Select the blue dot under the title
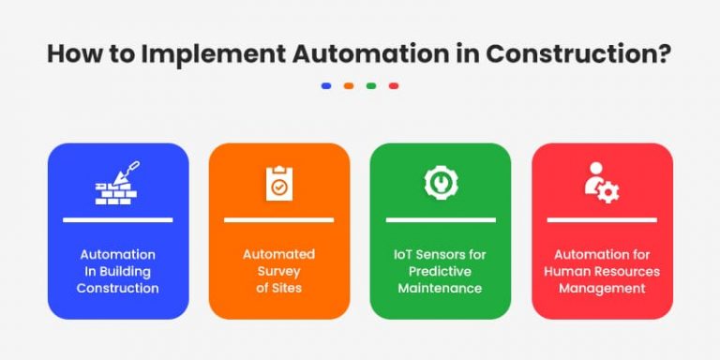click(x=325, y=85)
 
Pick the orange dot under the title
click(x=349, y=85)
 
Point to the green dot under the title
click(x=371, y=85)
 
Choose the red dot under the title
click(x=394, y=85)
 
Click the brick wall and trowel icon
click(x=117, y=184)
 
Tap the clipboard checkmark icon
click(x=278, y=184)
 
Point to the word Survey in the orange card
click(x=279, y=271)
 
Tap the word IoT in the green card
click(x=406, y=254)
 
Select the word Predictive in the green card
click(x=441, y=271)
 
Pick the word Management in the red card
click(x=602, y=288)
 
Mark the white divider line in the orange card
click(x=279, y=220)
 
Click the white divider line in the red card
click(x=602, y=220)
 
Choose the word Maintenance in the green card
click(x=441, y=288)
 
